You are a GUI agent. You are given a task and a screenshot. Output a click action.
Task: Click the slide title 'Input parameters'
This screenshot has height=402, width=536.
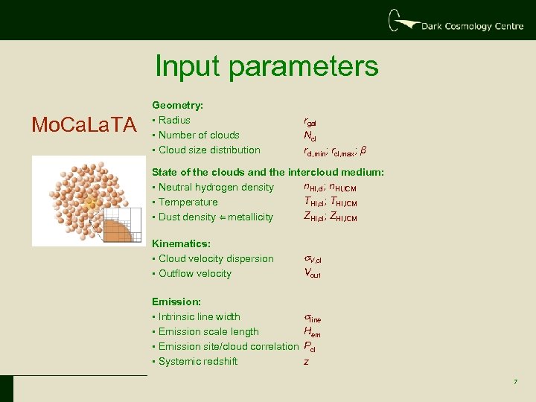(x=267, y=66)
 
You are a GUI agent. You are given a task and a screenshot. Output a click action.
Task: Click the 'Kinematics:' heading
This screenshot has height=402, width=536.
(x=181, y=243)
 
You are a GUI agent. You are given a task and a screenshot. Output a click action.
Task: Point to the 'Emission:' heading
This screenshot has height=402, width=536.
(x=176, y=301)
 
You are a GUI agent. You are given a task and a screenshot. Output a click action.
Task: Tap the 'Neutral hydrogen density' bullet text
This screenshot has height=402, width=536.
(x=216, y=187)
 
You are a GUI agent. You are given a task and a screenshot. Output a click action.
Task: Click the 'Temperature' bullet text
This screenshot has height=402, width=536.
(x=188, y=202)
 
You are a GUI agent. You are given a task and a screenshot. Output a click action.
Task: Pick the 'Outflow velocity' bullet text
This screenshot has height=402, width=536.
(x=195, y=273)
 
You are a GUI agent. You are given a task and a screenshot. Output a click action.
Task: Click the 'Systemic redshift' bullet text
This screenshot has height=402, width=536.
(x=198, y=361)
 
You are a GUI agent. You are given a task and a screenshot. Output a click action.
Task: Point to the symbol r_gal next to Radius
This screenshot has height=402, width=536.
(x=310, y=121)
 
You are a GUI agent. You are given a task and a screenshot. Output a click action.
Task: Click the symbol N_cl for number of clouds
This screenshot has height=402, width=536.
(x=310, y=135)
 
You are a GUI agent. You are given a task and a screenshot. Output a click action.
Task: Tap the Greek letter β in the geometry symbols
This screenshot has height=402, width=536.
(x=363, y=150)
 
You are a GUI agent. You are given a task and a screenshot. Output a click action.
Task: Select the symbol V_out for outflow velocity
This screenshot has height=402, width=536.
(x=312, y=273)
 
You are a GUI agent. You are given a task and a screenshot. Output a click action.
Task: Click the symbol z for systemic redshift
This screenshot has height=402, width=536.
(x=306, y=362)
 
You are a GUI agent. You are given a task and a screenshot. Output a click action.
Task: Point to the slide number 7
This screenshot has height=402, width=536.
(x=514, y=382)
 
